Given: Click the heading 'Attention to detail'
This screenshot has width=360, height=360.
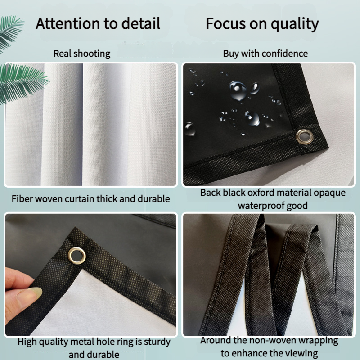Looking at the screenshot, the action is click(98, 23).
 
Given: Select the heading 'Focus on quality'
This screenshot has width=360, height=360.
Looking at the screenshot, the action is click(262, 24).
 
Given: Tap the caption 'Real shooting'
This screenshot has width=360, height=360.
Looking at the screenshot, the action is click(82, 54).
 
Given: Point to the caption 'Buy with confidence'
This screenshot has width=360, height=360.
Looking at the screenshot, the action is click(265, 54).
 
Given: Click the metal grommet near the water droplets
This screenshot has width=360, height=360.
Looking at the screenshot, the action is click(304, 136).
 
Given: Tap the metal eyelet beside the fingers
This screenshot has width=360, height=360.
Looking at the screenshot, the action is click(76, 256).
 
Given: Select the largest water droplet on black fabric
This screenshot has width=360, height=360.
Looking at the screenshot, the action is click(238, 91).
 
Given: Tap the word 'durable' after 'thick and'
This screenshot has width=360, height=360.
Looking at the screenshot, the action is click(153, 199).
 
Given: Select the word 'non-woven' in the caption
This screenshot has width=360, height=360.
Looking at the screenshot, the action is click(271, 341).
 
